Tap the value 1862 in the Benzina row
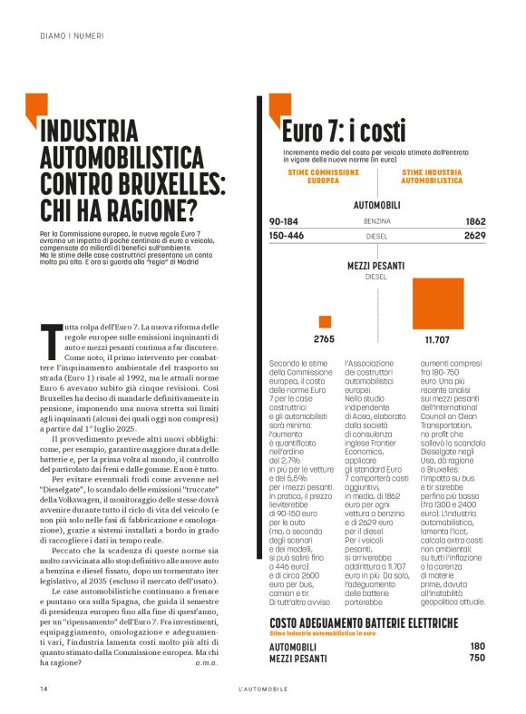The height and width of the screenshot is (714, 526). click(x=475, y=221)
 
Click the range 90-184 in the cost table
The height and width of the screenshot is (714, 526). click(x=284, y=221)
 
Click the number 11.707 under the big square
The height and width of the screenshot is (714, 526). click(x=437, y=340)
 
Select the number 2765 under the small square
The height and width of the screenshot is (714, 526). click(x=325, y=340)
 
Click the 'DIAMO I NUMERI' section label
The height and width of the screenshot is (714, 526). click(x=72, y=36)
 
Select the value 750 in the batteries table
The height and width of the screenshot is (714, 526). click(x=478, y=658)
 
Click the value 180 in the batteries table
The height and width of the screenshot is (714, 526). click(x=478, y=646)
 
